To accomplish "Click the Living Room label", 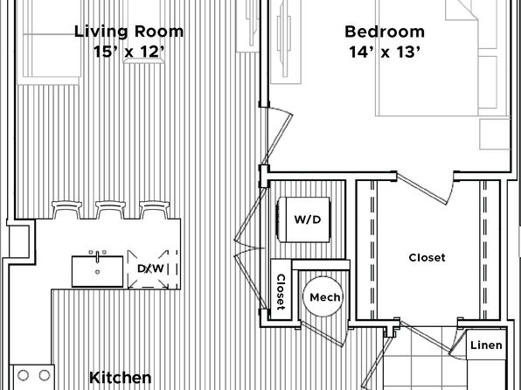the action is (129, 32).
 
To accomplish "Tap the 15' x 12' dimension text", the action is (129, 52).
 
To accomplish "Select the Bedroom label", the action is (385, 32).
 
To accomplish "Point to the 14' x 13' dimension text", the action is (385, 52).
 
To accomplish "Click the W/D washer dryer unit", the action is (303, 219).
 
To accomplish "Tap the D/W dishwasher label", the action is (150, 268).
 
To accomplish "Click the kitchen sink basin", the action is (97, 271).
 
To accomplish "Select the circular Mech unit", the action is (323, 296).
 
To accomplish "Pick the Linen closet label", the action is (486, 345).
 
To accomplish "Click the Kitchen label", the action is (121, 378).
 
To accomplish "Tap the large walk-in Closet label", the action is (427, 258).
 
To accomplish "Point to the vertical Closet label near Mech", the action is (281, 292).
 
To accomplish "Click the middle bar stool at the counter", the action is (110, 210).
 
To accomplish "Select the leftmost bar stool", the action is (66, 210).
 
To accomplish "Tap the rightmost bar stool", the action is (155, 210).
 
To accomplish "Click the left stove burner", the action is (23, 375).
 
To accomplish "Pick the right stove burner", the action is (45, 375).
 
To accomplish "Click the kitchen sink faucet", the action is (97, 256).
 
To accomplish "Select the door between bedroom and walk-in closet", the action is (426, 189).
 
